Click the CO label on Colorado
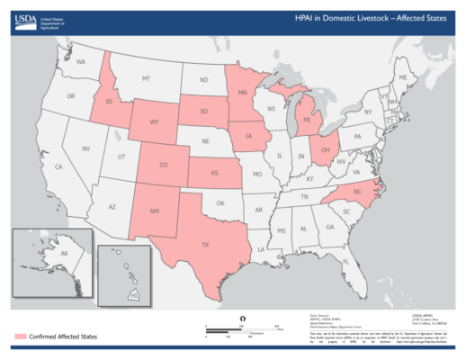163,165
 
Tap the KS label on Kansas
214,172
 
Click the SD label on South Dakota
204,112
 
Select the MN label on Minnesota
242,93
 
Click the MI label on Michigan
307,119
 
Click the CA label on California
58,167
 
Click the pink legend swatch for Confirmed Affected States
24,336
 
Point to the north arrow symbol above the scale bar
243,319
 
